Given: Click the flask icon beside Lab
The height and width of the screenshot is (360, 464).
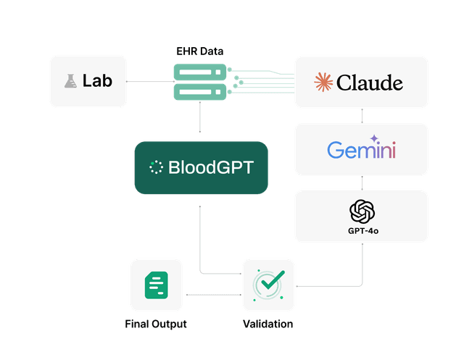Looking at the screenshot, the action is [70, 81].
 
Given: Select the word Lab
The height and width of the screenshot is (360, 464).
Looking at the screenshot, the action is [97, 80].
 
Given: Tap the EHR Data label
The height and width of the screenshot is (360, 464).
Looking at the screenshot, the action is [200, 51].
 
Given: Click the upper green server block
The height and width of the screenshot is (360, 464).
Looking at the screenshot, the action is [200, 72].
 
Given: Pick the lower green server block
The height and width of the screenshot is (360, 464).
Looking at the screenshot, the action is [200, 92].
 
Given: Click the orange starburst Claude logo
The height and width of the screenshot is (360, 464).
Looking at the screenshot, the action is [323, 82].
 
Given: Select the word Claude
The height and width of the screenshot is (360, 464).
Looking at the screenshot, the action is [370, 83].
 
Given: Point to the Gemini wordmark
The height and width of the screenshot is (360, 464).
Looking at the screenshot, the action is [361, 150].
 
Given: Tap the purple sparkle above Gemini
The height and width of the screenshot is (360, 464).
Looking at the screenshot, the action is [374, 138].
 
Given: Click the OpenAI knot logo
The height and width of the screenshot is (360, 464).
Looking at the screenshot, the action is [362, 212].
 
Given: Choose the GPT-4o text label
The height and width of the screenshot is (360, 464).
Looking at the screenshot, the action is [363, 231].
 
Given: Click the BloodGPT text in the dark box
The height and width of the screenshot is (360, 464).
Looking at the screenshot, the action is [211, 167].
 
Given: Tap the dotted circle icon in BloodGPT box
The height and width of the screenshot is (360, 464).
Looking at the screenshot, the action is [156, 167].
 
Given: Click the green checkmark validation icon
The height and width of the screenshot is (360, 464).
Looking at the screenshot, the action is [269, 285].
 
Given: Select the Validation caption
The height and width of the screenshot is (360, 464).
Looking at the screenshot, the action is [268, 324].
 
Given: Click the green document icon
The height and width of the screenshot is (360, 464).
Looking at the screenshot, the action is [157, 285].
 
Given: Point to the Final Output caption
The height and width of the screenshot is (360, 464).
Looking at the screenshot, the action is [156, 324].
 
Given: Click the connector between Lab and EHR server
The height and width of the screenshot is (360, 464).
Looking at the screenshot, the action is [150, 81].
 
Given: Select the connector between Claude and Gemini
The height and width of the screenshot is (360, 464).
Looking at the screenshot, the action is [362, 116].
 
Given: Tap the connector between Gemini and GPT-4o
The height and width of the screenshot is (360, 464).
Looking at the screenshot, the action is [362, 183].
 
